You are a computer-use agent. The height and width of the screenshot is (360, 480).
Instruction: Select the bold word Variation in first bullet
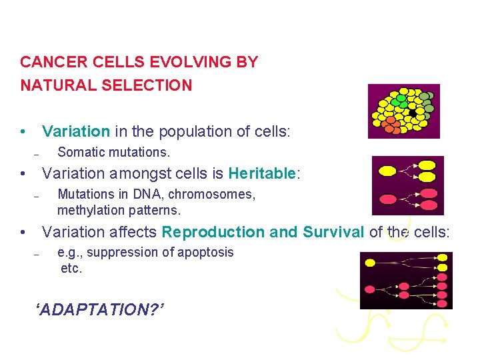[75, 131]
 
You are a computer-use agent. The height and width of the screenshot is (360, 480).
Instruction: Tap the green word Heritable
[262, 174]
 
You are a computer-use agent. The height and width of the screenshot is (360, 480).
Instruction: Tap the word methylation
[88, 210]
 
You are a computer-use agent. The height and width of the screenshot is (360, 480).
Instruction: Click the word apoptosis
[201, 253]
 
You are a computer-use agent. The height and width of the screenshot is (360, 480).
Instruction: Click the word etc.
[71, 269]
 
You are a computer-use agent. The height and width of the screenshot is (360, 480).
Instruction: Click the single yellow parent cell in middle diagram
[387, 171]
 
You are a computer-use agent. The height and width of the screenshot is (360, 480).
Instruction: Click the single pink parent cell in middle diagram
[387, 199]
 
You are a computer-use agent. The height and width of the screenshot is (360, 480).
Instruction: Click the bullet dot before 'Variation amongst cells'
[23, 174]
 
